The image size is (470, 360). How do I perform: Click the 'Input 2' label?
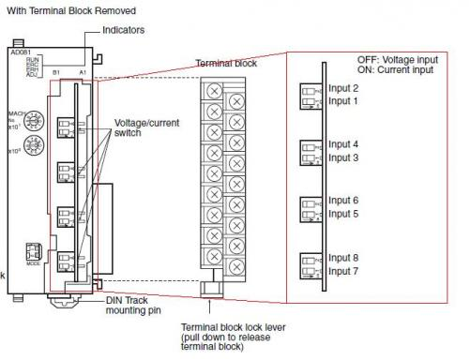[343, 88]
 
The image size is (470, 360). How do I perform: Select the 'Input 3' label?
[343, 158]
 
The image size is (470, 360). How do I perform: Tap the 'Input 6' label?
[343, 201]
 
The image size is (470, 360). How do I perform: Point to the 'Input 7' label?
[343, 271]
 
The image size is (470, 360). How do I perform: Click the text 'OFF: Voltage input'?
[399, 59]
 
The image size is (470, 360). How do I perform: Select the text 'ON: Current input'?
[397, 69]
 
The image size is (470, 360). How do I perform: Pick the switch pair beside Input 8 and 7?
[311, 265]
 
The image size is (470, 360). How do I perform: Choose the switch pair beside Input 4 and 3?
[311, 152]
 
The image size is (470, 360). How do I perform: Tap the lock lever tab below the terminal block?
[210, 287]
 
